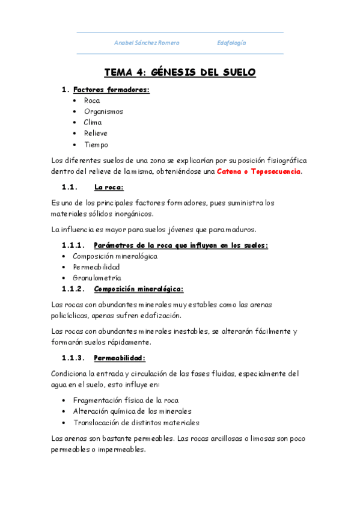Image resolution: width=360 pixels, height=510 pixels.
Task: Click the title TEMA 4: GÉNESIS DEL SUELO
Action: pyautogui.click(x=180, y=72)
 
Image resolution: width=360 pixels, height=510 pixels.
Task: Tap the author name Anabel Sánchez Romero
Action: pyautogui.click(x=147, y=43)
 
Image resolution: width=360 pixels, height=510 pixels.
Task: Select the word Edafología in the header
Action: pyautogui.click(x=231, y=43)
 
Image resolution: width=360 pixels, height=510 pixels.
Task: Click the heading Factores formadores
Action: pyautogui.click(x=111, y=90)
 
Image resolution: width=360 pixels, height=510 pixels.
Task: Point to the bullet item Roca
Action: pyautogui.click(x=92, y=100)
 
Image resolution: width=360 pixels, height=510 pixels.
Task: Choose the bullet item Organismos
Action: pyautogui.click(x=103, y=111)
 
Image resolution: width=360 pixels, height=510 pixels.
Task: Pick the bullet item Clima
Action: pyautogui.click(x=93, y=122)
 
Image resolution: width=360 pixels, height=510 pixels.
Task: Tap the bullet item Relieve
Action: pyautogui.click(x=96, y=133)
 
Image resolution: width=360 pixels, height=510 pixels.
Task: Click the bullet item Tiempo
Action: pyautogui.click(x=96, y=144)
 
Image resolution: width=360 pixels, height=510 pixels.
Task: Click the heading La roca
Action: pyautogui.click(x=109, y=187)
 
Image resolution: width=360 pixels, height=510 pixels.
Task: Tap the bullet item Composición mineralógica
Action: pyautogui.click(x=115, y=256)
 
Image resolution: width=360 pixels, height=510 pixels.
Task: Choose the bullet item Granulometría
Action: pyautogui.click(x=97, y=278)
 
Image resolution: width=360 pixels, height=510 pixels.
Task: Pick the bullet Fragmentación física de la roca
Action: pyautogui.click(x=126, y=400)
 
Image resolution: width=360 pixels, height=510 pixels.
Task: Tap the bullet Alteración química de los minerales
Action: pyautogui.click(x=132, y=411)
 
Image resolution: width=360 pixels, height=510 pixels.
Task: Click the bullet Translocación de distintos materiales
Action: pyautogui.click(x=136, y=422)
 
